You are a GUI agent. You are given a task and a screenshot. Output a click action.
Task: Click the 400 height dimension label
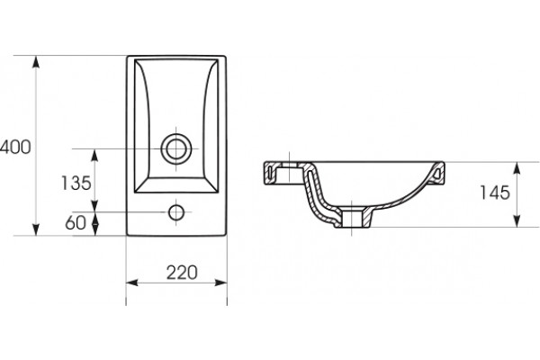pyautogui.click(x=15, y=147)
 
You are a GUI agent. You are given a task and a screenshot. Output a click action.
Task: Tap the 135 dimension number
pyautogui.click(x=76, y=183)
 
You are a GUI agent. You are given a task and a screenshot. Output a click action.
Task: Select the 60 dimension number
pyautogui.click(x=76, y=223)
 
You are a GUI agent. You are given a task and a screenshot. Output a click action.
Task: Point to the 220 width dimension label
pyautogui.click(x=182, y=273)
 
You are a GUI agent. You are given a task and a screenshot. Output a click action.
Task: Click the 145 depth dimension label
pyautogui.click(x=495, y=193)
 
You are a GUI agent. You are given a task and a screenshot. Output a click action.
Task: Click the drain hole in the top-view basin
pyautogui.click(x=176, y=148)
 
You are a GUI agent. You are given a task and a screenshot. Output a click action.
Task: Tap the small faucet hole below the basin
pyautogui.click(x=176, y=212)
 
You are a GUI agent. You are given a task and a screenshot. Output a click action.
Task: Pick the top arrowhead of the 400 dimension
pyautogui.click(x=36, y=62)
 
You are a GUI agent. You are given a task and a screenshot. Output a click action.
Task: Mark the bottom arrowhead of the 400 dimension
pyautogui.click(x=36, y=229)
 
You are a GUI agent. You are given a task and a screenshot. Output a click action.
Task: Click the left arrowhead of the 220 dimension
pyautogui.click(x=132, y=283)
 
